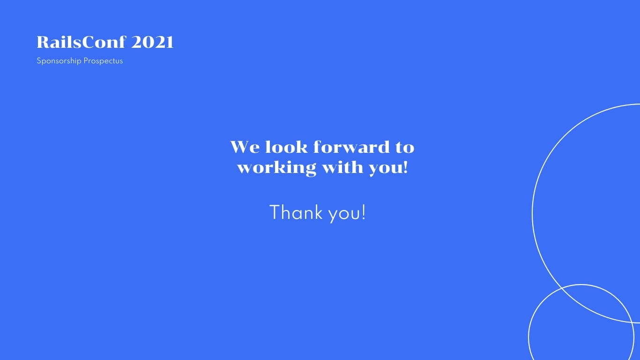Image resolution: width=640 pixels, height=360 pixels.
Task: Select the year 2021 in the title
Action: [152, 42]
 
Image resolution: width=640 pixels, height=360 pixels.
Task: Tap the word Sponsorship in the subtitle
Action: [59, 61]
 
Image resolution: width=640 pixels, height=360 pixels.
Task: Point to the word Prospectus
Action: [103, 61]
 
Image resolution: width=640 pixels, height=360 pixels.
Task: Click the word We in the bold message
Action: [245, 147]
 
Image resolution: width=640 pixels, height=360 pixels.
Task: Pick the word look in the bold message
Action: [287, 147]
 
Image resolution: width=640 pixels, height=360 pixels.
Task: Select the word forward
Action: [351, 147]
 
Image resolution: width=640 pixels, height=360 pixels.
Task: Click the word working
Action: [276, 168]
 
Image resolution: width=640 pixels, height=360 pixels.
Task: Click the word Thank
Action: [296, 212]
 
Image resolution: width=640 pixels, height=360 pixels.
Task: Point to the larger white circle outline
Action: [533, 213]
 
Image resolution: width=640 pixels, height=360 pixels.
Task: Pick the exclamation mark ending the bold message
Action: [406, 167]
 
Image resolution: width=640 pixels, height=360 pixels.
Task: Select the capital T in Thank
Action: [275, 212]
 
